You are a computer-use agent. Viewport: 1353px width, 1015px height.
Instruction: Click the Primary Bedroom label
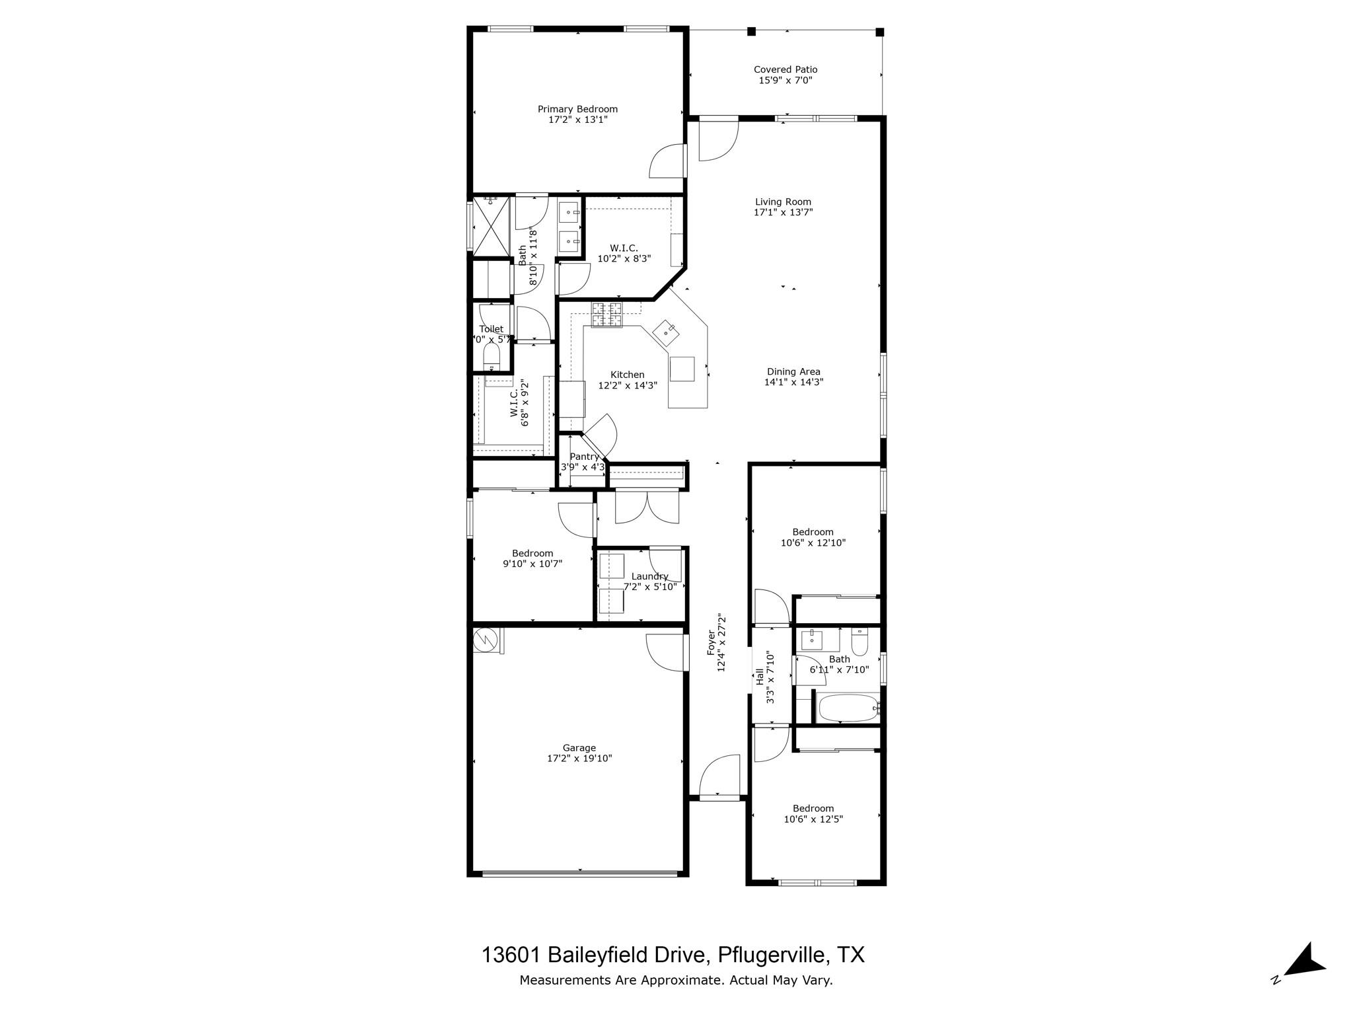577,109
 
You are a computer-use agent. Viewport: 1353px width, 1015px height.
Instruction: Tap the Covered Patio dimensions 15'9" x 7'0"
785,81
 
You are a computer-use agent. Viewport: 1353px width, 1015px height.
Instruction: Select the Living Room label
783,202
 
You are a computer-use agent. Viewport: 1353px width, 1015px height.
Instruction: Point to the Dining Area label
793,371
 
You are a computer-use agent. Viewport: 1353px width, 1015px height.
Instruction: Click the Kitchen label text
627,375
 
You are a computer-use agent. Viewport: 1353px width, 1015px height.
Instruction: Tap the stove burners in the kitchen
606,315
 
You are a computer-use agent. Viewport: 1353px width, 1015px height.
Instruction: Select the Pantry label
584,457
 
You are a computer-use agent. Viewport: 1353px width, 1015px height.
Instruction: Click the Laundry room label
649,576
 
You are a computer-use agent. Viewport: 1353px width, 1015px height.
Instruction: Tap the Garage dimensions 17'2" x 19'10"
579,759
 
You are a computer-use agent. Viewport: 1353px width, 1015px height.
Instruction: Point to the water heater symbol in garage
486,639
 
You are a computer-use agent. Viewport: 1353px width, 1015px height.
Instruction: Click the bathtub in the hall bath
848,708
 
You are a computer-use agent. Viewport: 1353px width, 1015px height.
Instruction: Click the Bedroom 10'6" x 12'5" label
813,808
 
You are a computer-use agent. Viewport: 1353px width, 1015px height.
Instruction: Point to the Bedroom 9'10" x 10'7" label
532,554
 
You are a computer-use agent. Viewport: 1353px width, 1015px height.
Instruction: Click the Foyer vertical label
711,642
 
